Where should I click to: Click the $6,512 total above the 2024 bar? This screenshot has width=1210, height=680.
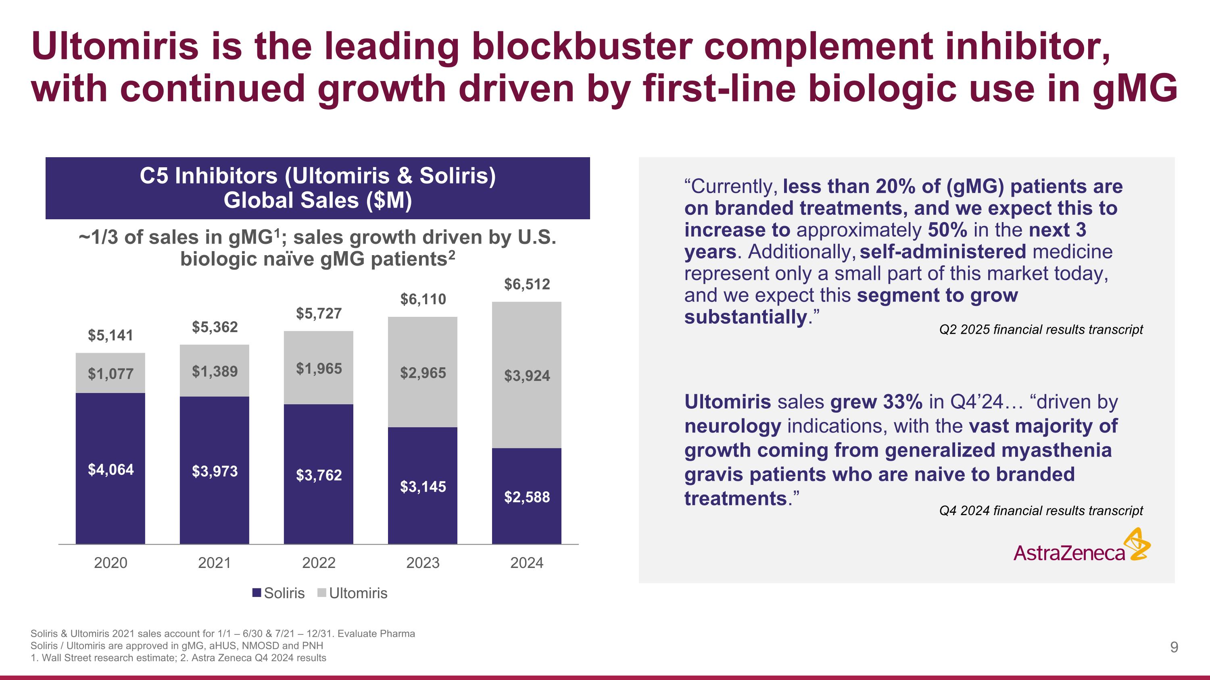point(527,284)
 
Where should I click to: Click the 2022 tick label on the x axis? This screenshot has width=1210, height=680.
point(319,562)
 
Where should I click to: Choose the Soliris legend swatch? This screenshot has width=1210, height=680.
point(257,593)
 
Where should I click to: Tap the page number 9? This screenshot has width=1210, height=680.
point(1174,648)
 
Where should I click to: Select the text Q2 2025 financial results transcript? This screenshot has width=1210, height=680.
point(1041,329)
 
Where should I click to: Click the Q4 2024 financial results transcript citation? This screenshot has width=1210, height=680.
point(1041,511)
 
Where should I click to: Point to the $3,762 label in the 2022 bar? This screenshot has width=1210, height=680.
point(319,475)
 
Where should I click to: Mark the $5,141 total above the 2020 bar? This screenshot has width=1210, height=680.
point(111,335)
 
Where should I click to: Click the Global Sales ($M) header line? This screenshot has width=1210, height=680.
point(317,200)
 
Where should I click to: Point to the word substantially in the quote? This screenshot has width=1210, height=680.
point(745,317)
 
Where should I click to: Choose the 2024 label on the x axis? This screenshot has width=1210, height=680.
point(527,562)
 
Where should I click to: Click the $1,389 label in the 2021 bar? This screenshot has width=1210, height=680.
point(215,372)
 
